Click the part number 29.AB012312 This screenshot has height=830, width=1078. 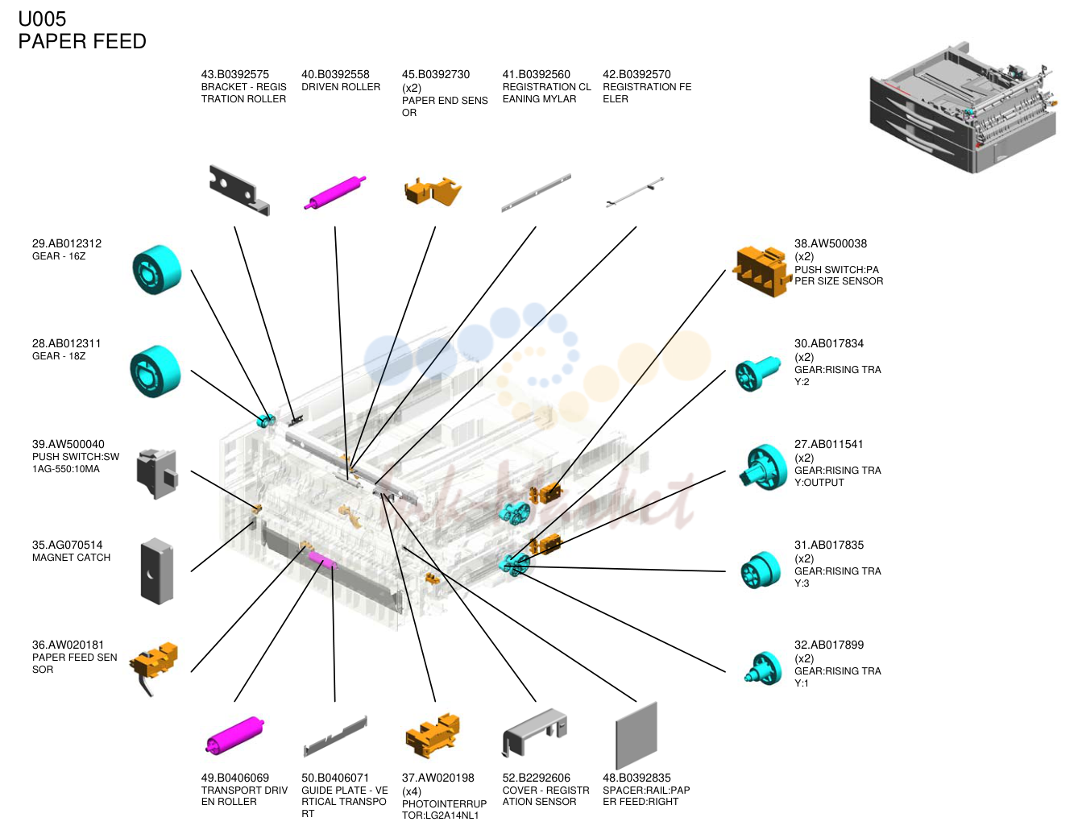point(67,243)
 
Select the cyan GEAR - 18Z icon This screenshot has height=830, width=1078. point(155,371)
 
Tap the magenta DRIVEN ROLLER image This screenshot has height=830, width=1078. point(334,193)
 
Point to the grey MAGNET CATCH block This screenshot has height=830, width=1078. point(157,571)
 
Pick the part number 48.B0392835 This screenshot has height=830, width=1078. point(636,778)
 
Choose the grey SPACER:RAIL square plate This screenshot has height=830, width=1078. point(636,736)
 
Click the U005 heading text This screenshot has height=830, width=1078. point(42,19)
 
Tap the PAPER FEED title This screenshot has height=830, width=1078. point(82,41)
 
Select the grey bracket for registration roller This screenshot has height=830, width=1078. point(238,190)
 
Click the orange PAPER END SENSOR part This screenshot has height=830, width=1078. point(433,192)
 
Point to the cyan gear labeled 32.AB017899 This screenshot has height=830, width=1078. point(764,668)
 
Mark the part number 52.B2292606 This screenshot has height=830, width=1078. point(536,778)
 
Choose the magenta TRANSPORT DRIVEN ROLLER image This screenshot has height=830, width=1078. point(234,735)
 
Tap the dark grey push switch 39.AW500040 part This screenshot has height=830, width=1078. point(157,474)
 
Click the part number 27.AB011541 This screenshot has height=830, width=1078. point(829,444)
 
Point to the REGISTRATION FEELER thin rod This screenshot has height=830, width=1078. point(635,192)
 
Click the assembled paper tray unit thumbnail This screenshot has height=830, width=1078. point(963,108)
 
